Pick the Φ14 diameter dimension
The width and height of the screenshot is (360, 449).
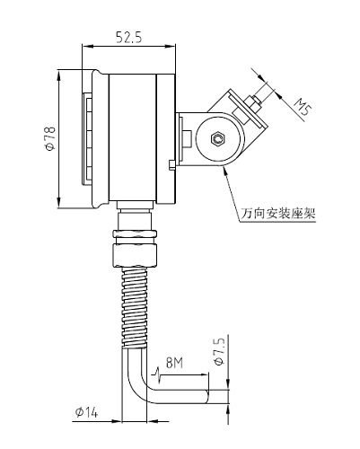pos(90,412)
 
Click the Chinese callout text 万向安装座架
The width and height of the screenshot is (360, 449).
pos(280,214)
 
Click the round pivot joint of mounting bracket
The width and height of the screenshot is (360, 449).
pos(216,139)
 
